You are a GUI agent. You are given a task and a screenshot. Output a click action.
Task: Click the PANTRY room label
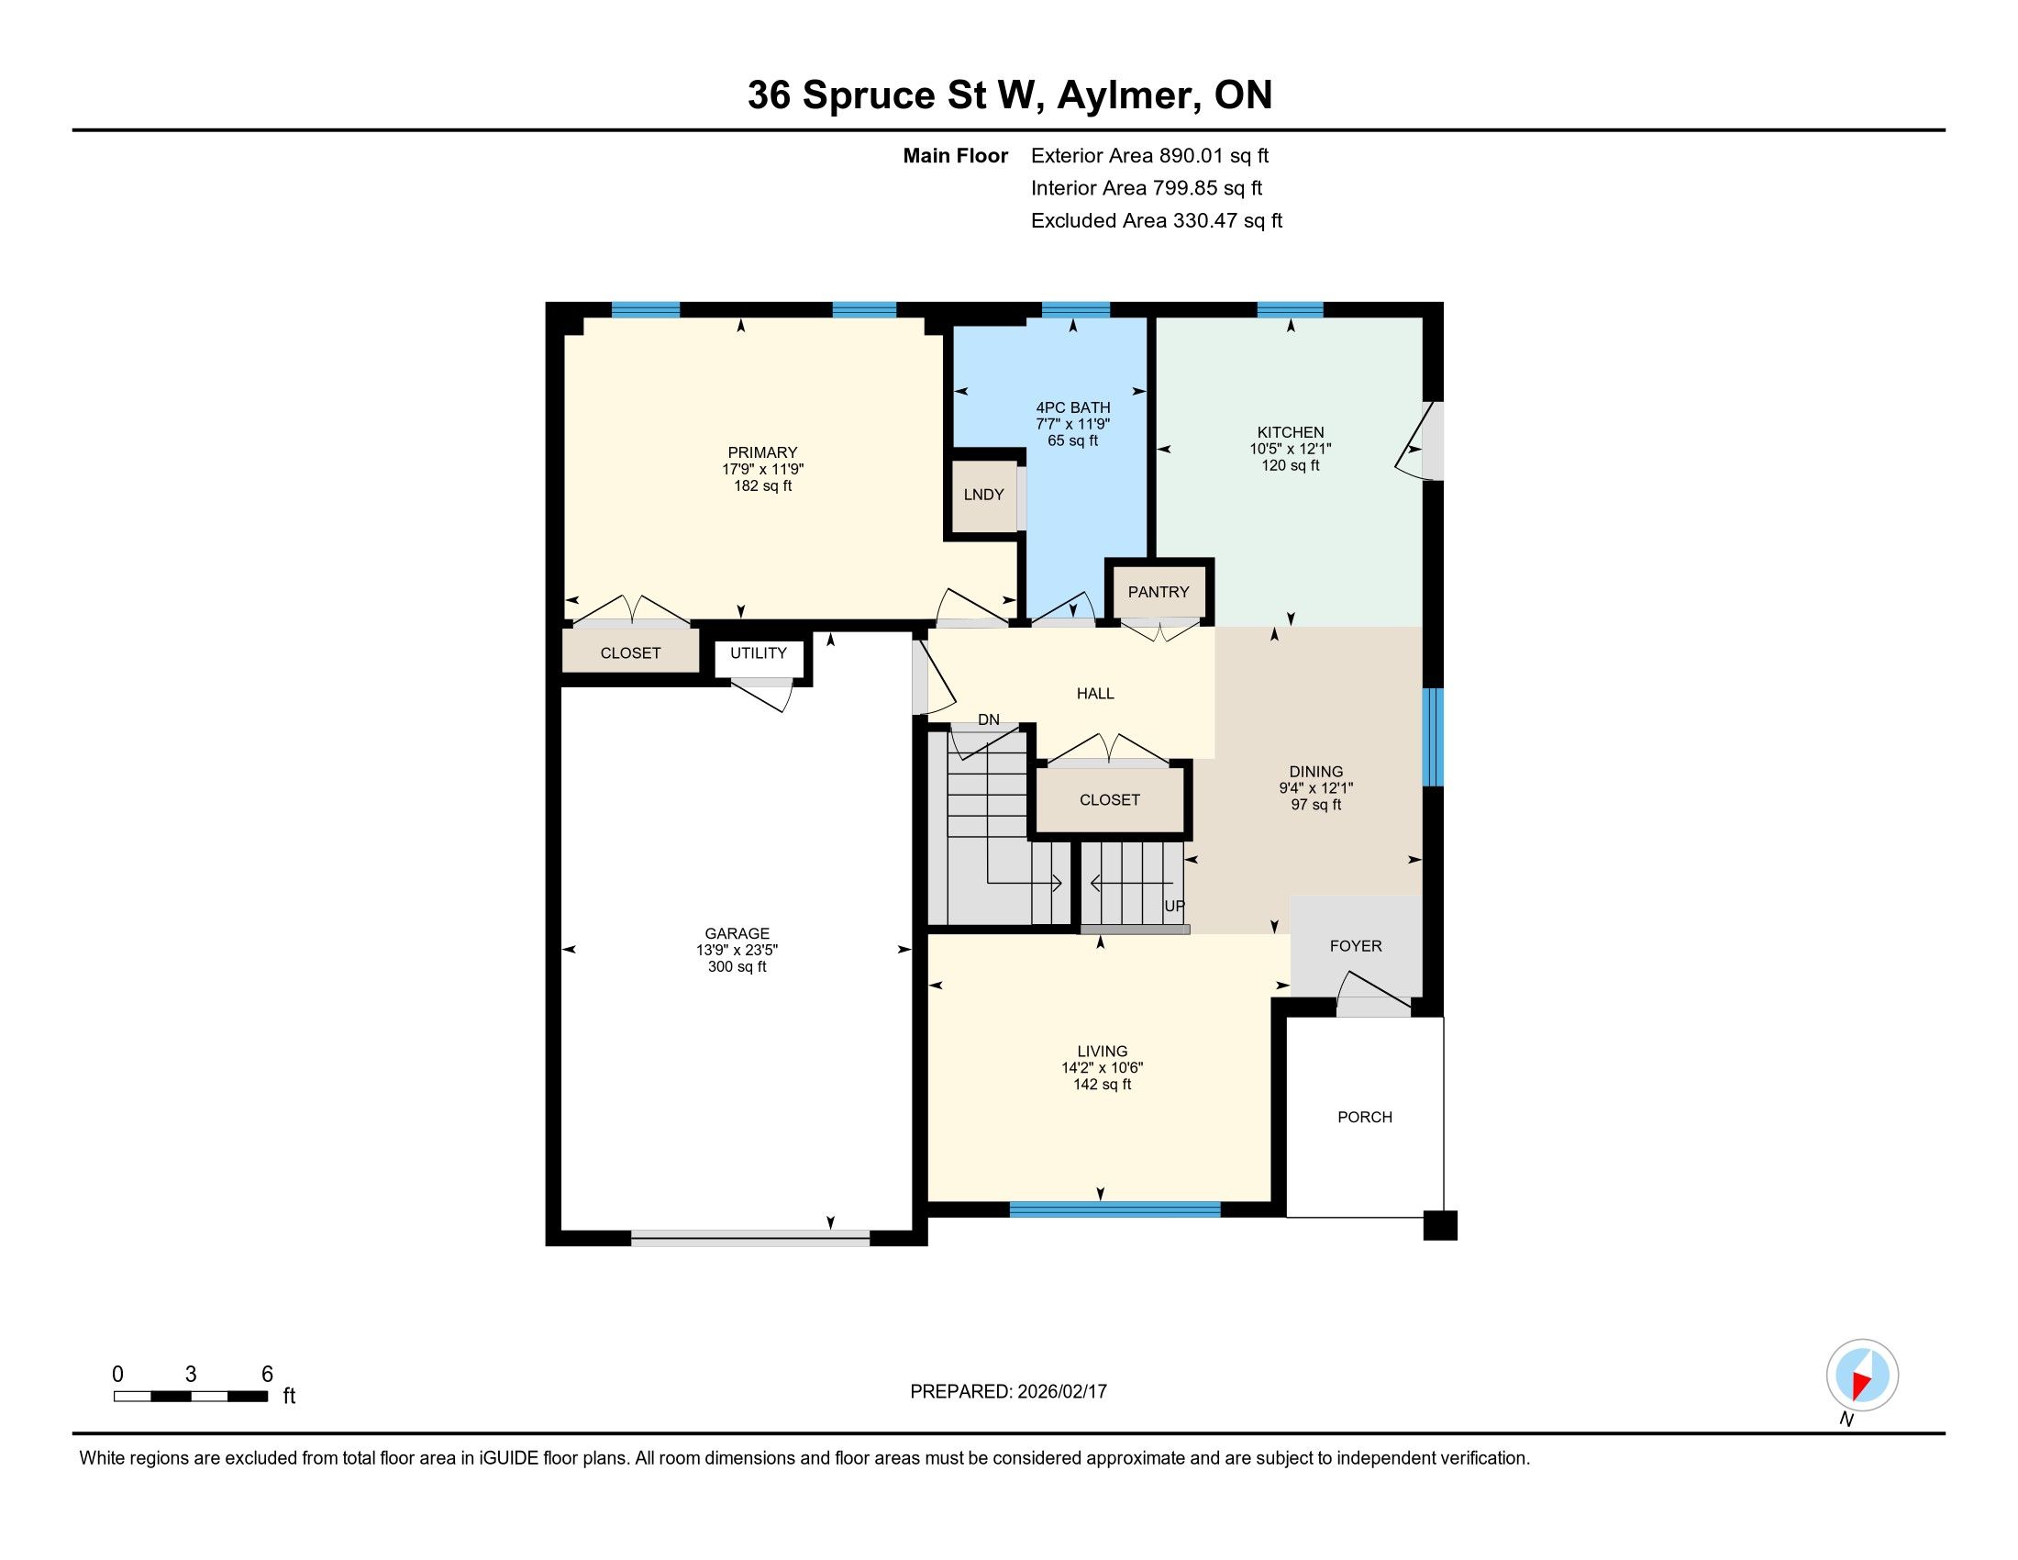point(1158,592)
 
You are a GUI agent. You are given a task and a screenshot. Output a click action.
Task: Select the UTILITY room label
point(759,652)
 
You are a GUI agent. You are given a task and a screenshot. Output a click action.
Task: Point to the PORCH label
point(1365,1117)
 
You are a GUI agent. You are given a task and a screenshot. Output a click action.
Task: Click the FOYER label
point(1356,945)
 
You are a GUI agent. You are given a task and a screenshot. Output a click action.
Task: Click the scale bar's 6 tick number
point(267,1374)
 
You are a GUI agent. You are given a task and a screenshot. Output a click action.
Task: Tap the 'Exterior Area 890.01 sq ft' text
point(1149,155)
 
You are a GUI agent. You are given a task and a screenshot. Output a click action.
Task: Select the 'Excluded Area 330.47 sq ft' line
point(1156,220)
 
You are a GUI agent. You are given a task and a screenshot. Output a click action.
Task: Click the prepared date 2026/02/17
point(1060,1391)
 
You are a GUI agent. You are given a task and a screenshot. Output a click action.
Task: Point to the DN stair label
point(989,719)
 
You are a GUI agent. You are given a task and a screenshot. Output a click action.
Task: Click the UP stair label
point(1173,906)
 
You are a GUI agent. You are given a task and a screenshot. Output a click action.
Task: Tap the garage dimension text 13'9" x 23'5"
point(737,950)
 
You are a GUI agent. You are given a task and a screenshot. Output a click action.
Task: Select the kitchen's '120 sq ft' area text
point(1291,465)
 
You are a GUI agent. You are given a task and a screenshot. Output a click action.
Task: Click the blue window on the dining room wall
point(1432,737)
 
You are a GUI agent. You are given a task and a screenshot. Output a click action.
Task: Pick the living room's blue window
point(1114,1209)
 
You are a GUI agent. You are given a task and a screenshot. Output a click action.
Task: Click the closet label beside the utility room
point(630,652)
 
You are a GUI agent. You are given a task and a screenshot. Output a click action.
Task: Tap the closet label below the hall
point(1110,799)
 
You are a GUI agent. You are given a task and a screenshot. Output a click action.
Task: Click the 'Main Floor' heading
point(956,155)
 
